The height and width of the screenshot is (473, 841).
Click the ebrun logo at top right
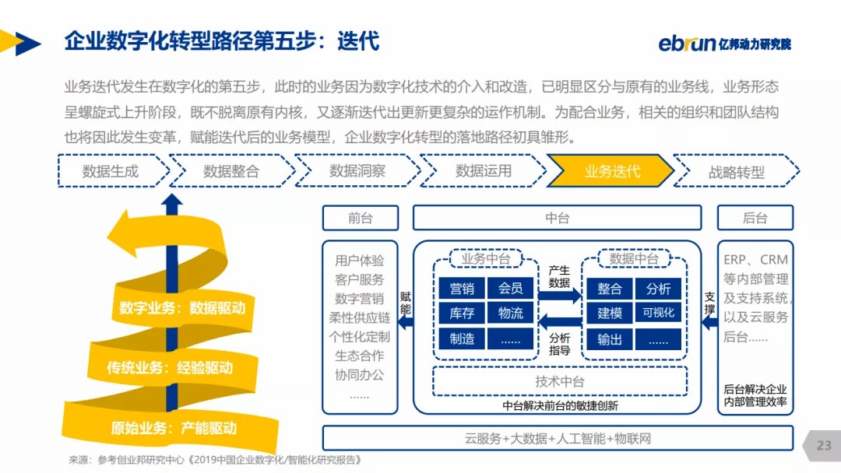tap(724, 43)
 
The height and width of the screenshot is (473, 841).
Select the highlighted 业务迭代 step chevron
tap(611, 171)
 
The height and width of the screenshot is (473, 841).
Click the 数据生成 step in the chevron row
tap(111, 171)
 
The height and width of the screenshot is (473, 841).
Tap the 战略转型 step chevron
tap(736, 171)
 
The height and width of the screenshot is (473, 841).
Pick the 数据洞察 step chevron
tap(357, 171)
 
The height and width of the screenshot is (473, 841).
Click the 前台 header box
tap(360, 218)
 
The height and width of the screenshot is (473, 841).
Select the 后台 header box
tap(755, 218)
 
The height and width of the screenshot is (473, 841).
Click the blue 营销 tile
tap(462, 289)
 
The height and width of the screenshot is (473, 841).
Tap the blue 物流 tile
tap(511, 314)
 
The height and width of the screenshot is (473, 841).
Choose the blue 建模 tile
tap(610, 314)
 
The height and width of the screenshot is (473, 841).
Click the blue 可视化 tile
tap(658, 314)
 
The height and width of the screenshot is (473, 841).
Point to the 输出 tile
tap(610, 339)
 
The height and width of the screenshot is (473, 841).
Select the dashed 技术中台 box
tap(559, 381)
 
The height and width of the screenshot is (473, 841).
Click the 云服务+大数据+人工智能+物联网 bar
tap(557, 438)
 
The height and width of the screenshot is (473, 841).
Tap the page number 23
tap(824, 446)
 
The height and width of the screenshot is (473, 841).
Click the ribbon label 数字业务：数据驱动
tap(182, 308)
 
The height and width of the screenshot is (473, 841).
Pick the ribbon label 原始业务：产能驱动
tap(173, 427)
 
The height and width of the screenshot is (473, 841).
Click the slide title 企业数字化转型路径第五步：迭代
tap(222, 40)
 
